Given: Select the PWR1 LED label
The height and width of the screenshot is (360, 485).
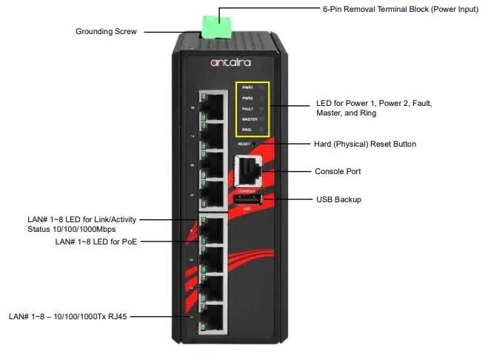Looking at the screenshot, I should tap(247, 88).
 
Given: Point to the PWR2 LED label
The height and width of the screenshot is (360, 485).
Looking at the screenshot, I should tap(247, 99).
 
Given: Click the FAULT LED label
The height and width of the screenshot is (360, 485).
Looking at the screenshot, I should tap(247, 109).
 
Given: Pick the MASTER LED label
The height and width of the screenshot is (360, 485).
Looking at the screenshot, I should tap(250, 119).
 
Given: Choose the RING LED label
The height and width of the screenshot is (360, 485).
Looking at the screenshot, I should tap(247, 130).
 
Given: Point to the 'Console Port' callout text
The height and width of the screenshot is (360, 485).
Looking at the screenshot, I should tap(338, 171).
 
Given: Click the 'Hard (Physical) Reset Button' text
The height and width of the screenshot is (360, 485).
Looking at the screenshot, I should tap(365, 144).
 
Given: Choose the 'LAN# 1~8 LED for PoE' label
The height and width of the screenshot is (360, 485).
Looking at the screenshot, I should tap(96, 241).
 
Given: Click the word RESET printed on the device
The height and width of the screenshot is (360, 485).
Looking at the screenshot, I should tap(244, 144).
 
